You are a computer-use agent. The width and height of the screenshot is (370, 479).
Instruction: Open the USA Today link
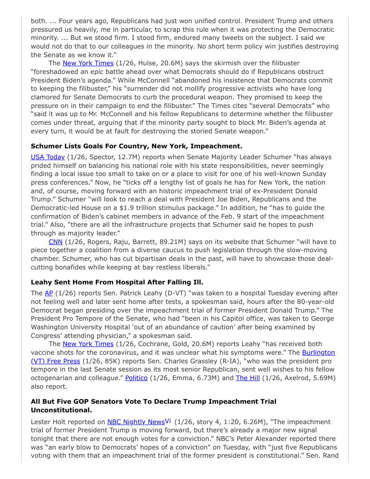48,157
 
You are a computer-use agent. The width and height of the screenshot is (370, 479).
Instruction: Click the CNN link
55,242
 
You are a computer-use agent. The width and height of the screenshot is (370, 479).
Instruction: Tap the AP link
49,293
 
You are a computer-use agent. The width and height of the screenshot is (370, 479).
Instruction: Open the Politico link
136,378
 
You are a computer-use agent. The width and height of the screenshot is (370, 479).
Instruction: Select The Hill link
248,378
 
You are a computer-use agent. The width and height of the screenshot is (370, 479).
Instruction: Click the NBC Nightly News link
136,422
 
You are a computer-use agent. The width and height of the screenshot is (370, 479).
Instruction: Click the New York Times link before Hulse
88,64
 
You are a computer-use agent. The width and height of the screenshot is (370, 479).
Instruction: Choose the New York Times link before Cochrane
88,344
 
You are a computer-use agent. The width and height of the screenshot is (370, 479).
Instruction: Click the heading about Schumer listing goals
136,147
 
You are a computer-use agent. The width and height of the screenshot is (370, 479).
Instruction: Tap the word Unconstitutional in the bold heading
61,410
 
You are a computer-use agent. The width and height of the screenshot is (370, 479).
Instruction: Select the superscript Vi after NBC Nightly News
168,421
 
